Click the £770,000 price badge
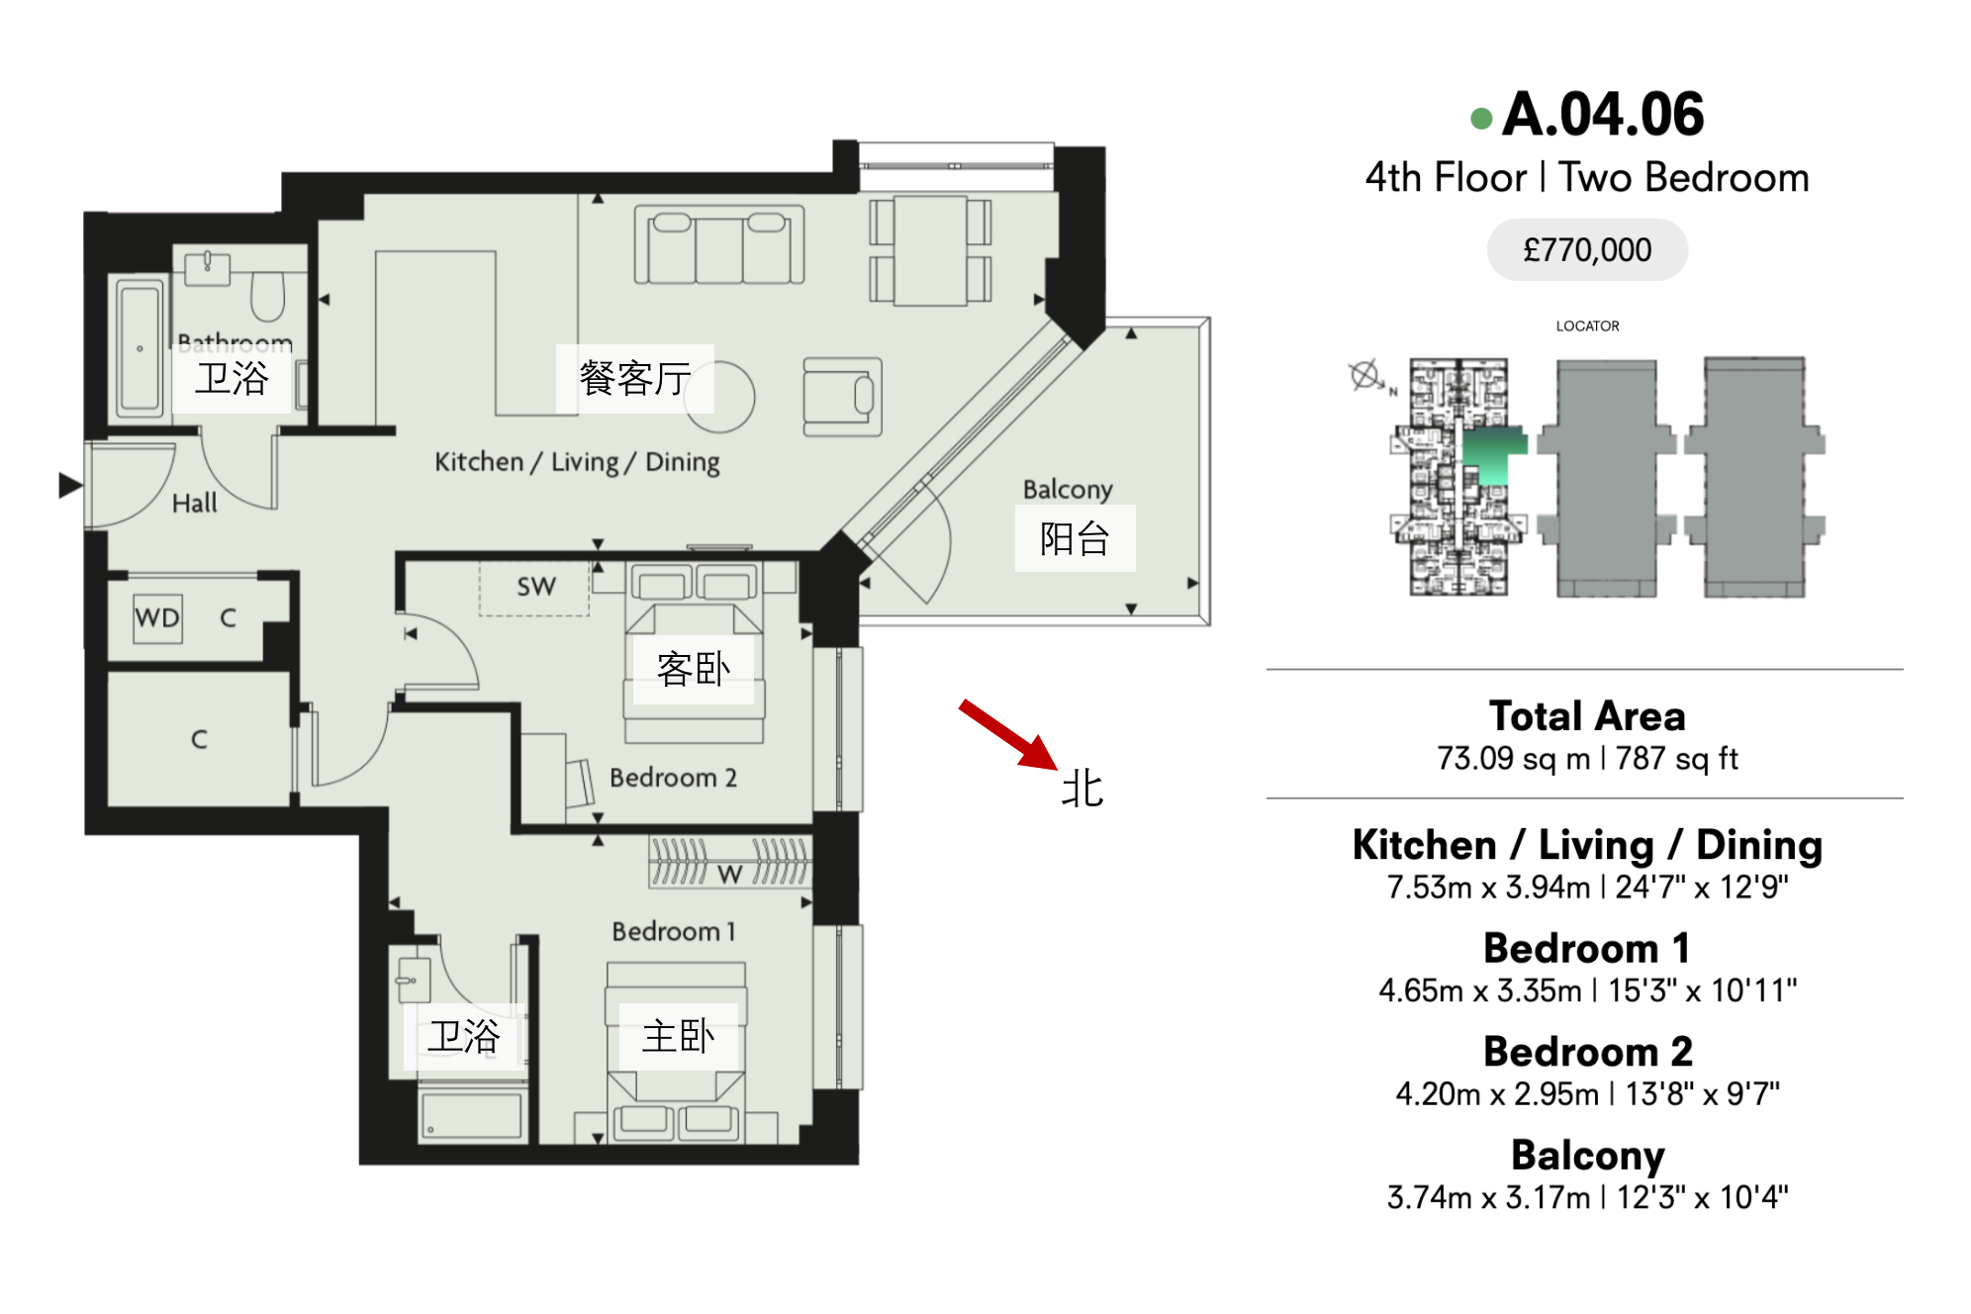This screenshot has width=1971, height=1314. click(x=1586, y=249)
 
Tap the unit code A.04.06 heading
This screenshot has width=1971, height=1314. click(x=1603, y=114)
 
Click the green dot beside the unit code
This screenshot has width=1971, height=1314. click(x=1481, y=119)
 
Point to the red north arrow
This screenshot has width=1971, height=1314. click(x=1008, y=734)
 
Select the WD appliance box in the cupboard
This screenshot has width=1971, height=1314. click(x=157, y=617)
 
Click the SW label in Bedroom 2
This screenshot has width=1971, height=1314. click(x=536, y=587)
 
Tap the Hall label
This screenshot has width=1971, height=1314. click(x=194, y=504)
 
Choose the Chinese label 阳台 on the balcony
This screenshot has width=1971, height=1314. click(x=1075, y=539)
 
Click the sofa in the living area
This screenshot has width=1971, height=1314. click(x=719, y=245)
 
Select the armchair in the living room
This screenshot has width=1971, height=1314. click(x=842, y=397)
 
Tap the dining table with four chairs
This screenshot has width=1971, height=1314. click(x=930, y=250)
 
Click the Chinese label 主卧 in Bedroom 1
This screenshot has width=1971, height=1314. click(x=679, y=1036)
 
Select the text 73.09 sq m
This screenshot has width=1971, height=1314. click(x=1511, y=759)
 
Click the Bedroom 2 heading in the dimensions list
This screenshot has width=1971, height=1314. click(x=1587, y=1051)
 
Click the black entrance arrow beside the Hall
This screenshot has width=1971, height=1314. click(x=70, y=485)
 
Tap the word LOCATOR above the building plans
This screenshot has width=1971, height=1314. click(x=1587, y=326)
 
